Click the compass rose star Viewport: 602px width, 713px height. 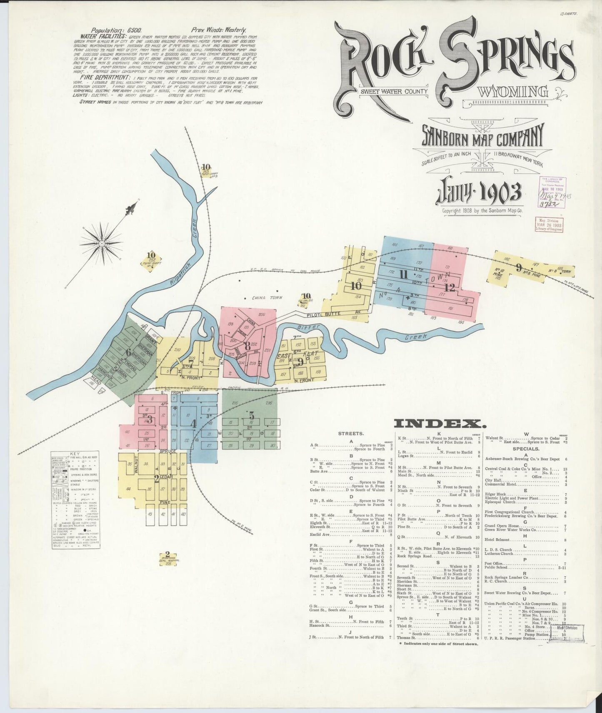tap(101, 243)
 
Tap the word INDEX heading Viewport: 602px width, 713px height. tap(440, 424)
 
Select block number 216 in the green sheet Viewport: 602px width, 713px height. tap(269, 403)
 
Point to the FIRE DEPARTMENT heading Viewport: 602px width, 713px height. tap(102, 78)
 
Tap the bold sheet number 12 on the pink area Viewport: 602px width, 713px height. tap(449, 288)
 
